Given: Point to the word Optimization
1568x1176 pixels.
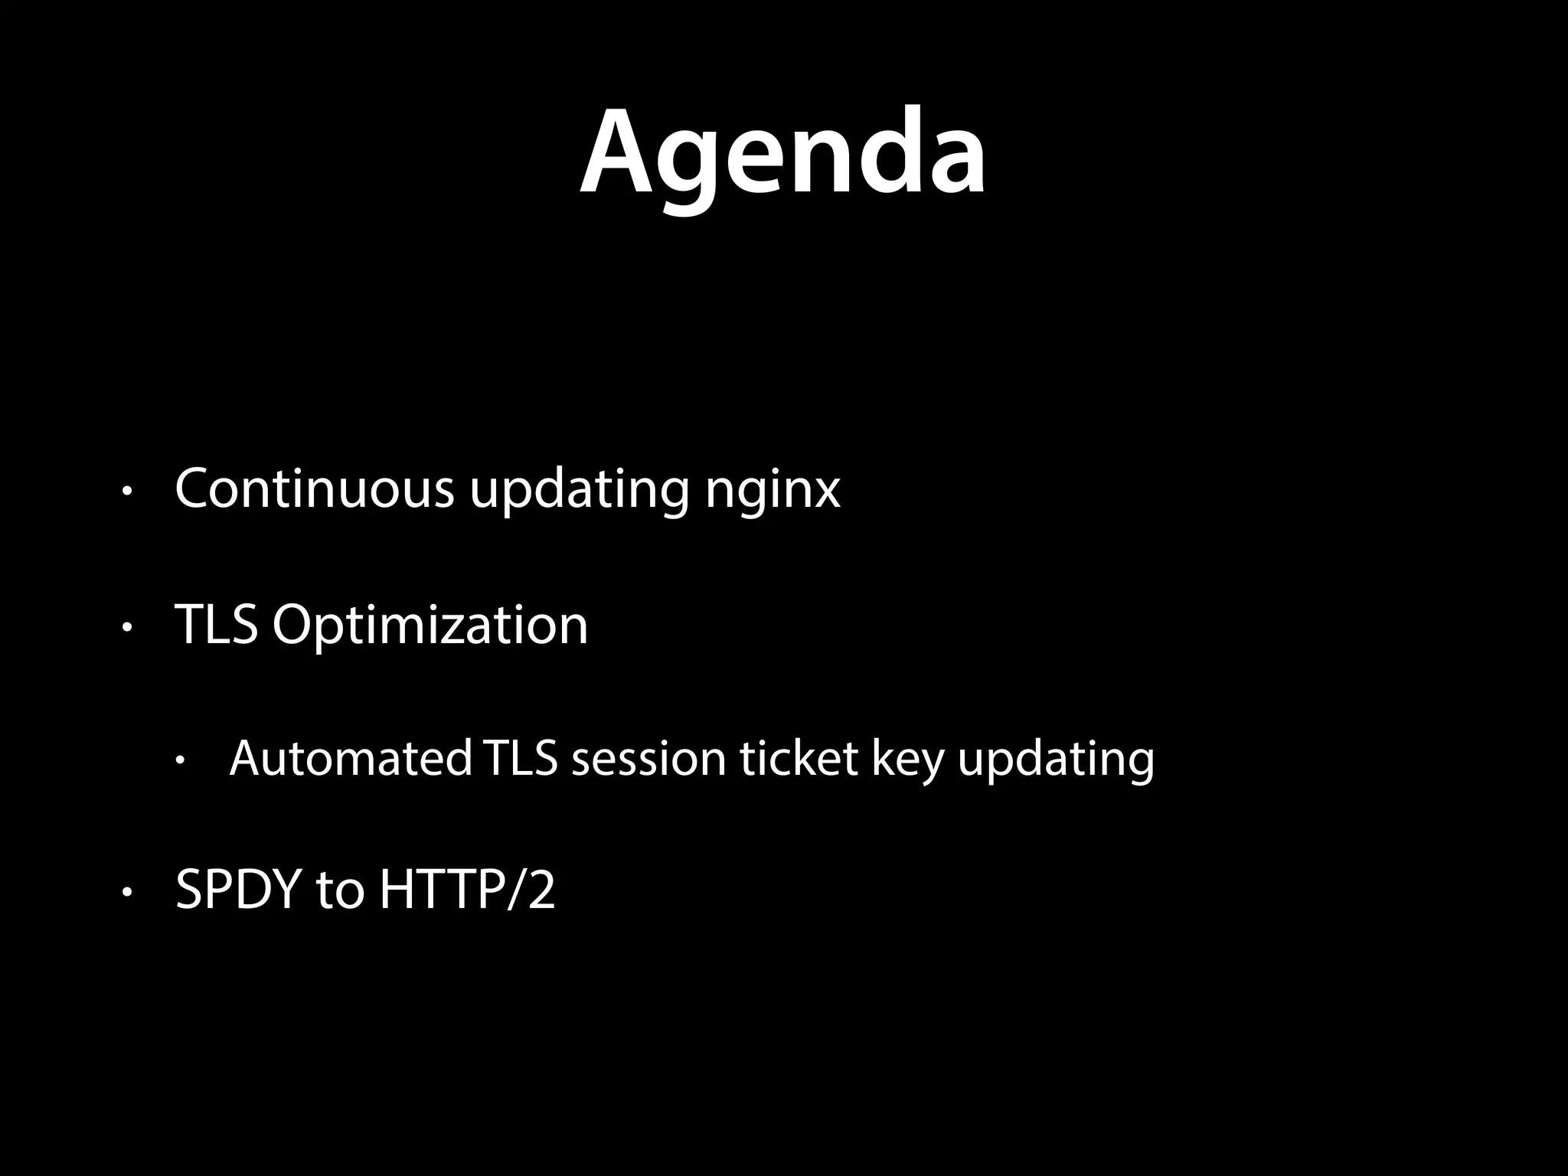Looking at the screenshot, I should point(430,626).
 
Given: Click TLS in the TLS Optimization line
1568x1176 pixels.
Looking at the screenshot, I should point(216,625).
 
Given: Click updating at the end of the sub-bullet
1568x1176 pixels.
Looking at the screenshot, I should point(1057,761).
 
